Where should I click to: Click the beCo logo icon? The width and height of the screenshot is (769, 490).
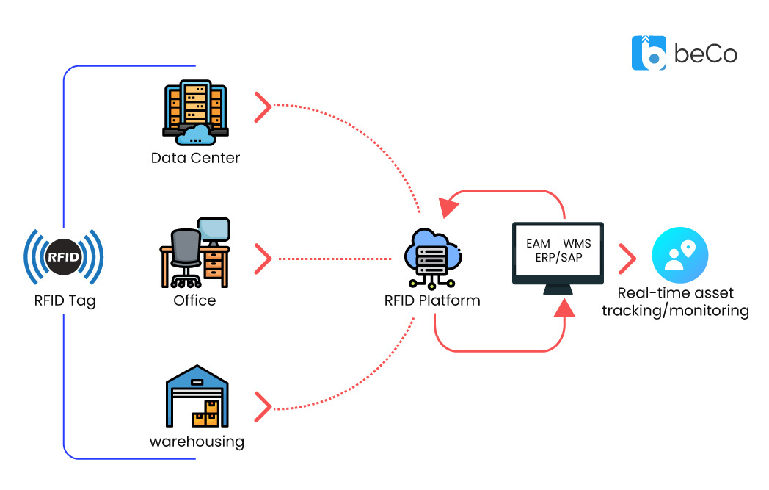pyautogui.click(x=649, y=53)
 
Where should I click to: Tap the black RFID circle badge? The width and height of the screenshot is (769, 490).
pyautogui.click(x=64, y=257)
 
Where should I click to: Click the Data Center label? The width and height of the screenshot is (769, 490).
pyautogui.click(x=195, y=158)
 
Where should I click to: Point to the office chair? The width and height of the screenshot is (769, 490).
pyautogui.click(x=185, y=257)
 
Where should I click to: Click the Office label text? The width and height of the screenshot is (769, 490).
pyautogui.click(x=194, y=300)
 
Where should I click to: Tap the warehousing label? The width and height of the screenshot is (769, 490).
pyautogui.click(x=197, y=442)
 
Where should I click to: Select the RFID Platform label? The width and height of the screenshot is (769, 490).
pyautogui.click(x=432, y=300)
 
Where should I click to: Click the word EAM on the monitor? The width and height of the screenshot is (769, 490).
pyautogui.click(x=539, y=243)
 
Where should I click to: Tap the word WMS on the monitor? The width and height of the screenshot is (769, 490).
pyautogui.click(x=577, y=243)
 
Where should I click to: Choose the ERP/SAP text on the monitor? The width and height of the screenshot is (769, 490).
pyautogui.click(x=558, y=257)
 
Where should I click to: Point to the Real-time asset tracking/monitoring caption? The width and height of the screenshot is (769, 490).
pyautogui.click(x=675, y=302)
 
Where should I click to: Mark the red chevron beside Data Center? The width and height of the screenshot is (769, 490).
pyautogui.click(x=263, y=107)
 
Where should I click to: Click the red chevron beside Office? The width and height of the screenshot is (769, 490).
pyautogui.click(x=263, y=259)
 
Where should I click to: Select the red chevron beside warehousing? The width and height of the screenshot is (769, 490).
pyautogui.click(x=263, y=406)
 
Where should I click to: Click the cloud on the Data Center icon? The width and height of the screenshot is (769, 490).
pyautogui.click(x=195, y=134)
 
